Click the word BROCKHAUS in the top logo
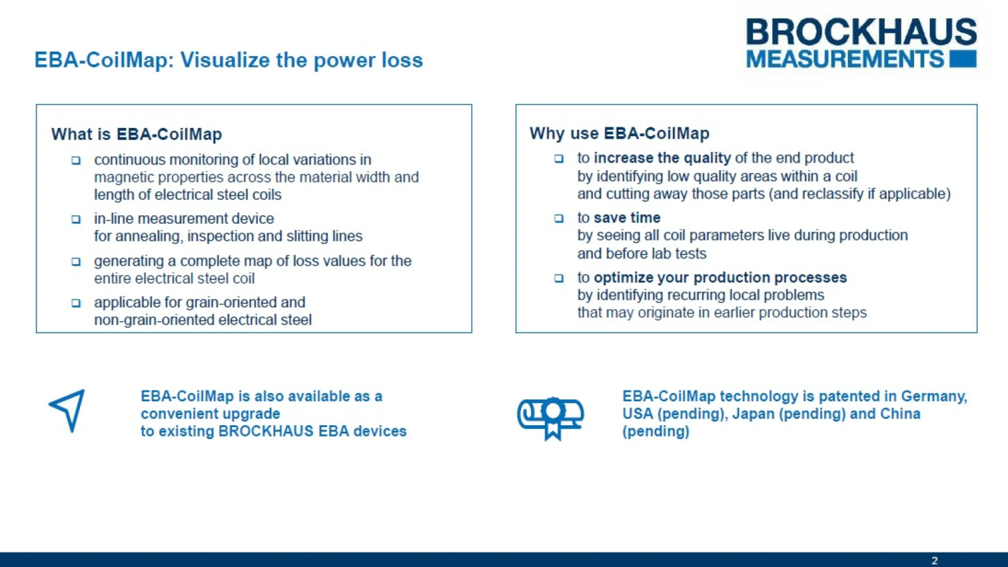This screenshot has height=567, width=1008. point(861,32)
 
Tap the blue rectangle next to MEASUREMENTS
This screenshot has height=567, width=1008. point(963,59)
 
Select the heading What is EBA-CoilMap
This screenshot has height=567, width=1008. point(136,134)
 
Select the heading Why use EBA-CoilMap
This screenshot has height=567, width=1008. point(619,134)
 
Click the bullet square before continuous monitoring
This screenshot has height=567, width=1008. point(76,161)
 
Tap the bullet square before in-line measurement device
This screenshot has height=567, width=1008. point(76,219)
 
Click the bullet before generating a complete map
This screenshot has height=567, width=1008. point(76,262)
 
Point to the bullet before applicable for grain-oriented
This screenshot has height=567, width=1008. point(76,303)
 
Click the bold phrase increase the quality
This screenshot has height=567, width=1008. point(662,158)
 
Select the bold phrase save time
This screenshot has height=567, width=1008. point(627,218)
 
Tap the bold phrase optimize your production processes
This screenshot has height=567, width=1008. point(720,277)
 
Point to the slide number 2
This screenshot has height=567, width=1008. point(934,560)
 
